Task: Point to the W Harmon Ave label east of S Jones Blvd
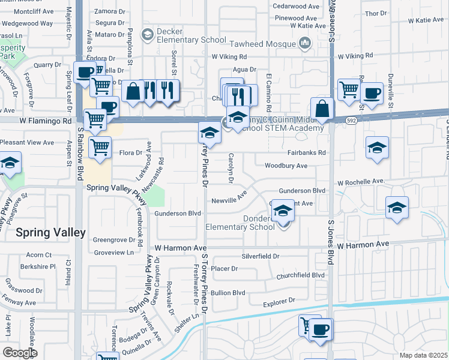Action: point(363,245)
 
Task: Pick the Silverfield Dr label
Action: point(261,256)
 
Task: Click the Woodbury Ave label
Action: point(286,166)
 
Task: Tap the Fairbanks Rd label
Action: point(306,153)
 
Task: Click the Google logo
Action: point(20,353)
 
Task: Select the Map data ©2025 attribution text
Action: point(423,355)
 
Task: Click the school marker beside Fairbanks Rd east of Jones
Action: point(377,148)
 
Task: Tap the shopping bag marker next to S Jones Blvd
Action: point(322,109)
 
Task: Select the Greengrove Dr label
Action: point(114,239)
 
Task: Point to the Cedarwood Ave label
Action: point(296,6)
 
